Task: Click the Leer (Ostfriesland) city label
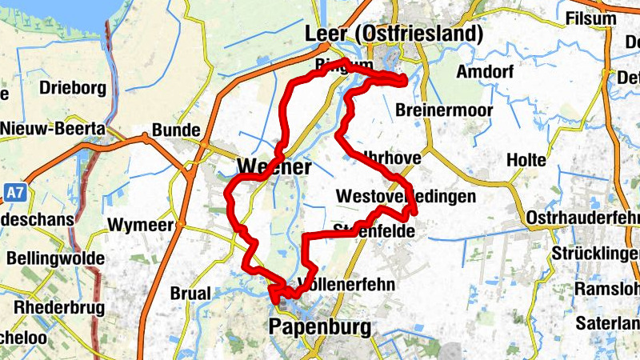[394, 34]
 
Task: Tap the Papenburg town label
[320, 327]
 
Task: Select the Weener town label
[274, 166]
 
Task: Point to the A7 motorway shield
[13, 193]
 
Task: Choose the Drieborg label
[73, 88]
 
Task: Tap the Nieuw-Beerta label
[52, 128]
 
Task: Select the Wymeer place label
[142, 225]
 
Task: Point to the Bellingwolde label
[55, 258]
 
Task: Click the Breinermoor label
[442, 110]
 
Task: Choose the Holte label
[526, 161]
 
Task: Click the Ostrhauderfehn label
[584, 218]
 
